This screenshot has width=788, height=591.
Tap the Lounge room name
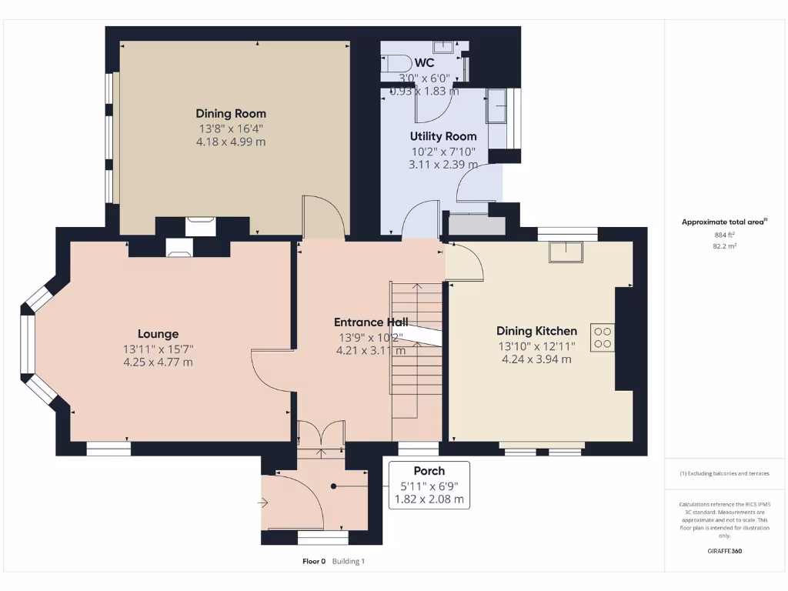(x=158, y=334)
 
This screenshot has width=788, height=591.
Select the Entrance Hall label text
(x=371, y=322)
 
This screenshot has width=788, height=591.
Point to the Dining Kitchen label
(x=536, y=331)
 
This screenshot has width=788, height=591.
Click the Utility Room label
(x=442, y=136)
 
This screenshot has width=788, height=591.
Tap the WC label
(x=424, y=62)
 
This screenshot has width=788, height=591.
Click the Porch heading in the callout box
(x=429, y=471)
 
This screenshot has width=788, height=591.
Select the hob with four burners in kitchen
(x=602, y=337)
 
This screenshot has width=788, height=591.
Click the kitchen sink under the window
(x=566, y=251)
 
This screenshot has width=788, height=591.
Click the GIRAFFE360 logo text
(x=724, y=551)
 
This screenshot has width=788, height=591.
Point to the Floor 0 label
(x=314, y=562)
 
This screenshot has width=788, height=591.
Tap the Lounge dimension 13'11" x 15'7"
(x=158, y=349)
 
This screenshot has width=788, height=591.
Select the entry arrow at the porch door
(x=263, y=504)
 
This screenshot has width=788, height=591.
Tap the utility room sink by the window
(x=497, y=106)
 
